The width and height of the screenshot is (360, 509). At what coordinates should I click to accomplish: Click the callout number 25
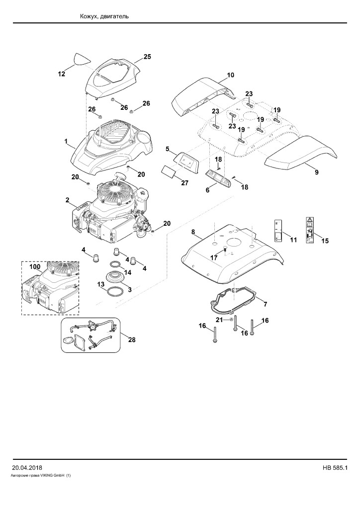(147, 57)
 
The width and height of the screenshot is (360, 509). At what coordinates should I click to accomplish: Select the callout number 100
(35, 267)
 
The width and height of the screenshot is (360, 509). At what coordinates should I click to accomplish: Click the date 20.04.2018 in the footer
(27, 468)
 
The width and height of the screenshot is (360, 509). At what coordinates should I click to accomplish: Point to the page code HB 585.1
(335, 468)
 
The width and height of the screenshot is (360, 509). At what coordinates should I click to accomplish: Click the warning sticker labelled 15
(310, 230)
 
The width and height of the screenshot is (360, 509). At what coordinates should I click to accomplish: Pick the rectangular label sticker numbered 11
(277, 230)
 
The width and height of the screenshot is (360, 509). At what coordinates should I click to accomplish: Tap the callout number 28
(132, 340)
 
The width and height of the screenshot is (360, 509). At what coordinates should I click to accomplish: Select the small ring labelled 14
(116, 264)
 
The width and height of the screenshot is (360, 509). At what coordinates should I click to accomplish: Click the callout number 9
(317, 172)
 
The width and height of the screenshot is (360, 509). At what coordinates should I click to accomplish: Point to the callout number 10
(231, 75)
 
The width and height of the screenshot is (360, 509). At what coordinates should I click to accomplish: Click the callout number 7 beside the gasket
(265, 304)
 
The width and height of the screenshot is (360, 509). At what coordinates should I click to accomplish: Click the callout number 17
(214, 257)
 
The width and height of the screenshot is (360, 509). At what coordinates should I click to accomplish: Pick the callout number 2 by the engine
(67, 200)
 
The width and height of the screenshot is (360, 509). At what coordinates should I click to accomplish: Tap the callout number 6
(208, 190)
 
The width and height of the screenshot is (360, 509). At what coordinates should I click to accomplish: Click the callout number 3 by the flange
(129, 289)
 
